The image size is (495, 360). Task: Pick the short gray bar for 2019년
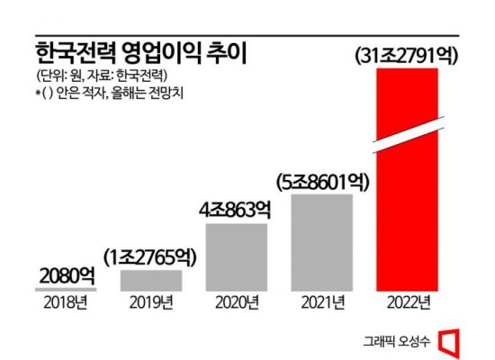pos(150,280)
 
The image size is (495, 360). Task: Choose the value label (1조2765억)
pos(150,256)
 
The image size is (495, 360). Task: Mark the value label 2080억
pos(65,274)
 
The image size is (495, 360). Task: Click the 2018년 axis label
pos(65,303)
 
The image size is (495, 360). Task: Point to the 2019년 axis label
pos(150,303)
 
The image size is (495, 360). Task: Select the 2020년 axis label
pos(237,303)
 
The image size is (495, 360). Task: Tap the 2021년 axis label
pos(322,303)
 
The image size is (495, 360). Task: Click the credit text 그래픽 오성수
pos(400,341)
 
